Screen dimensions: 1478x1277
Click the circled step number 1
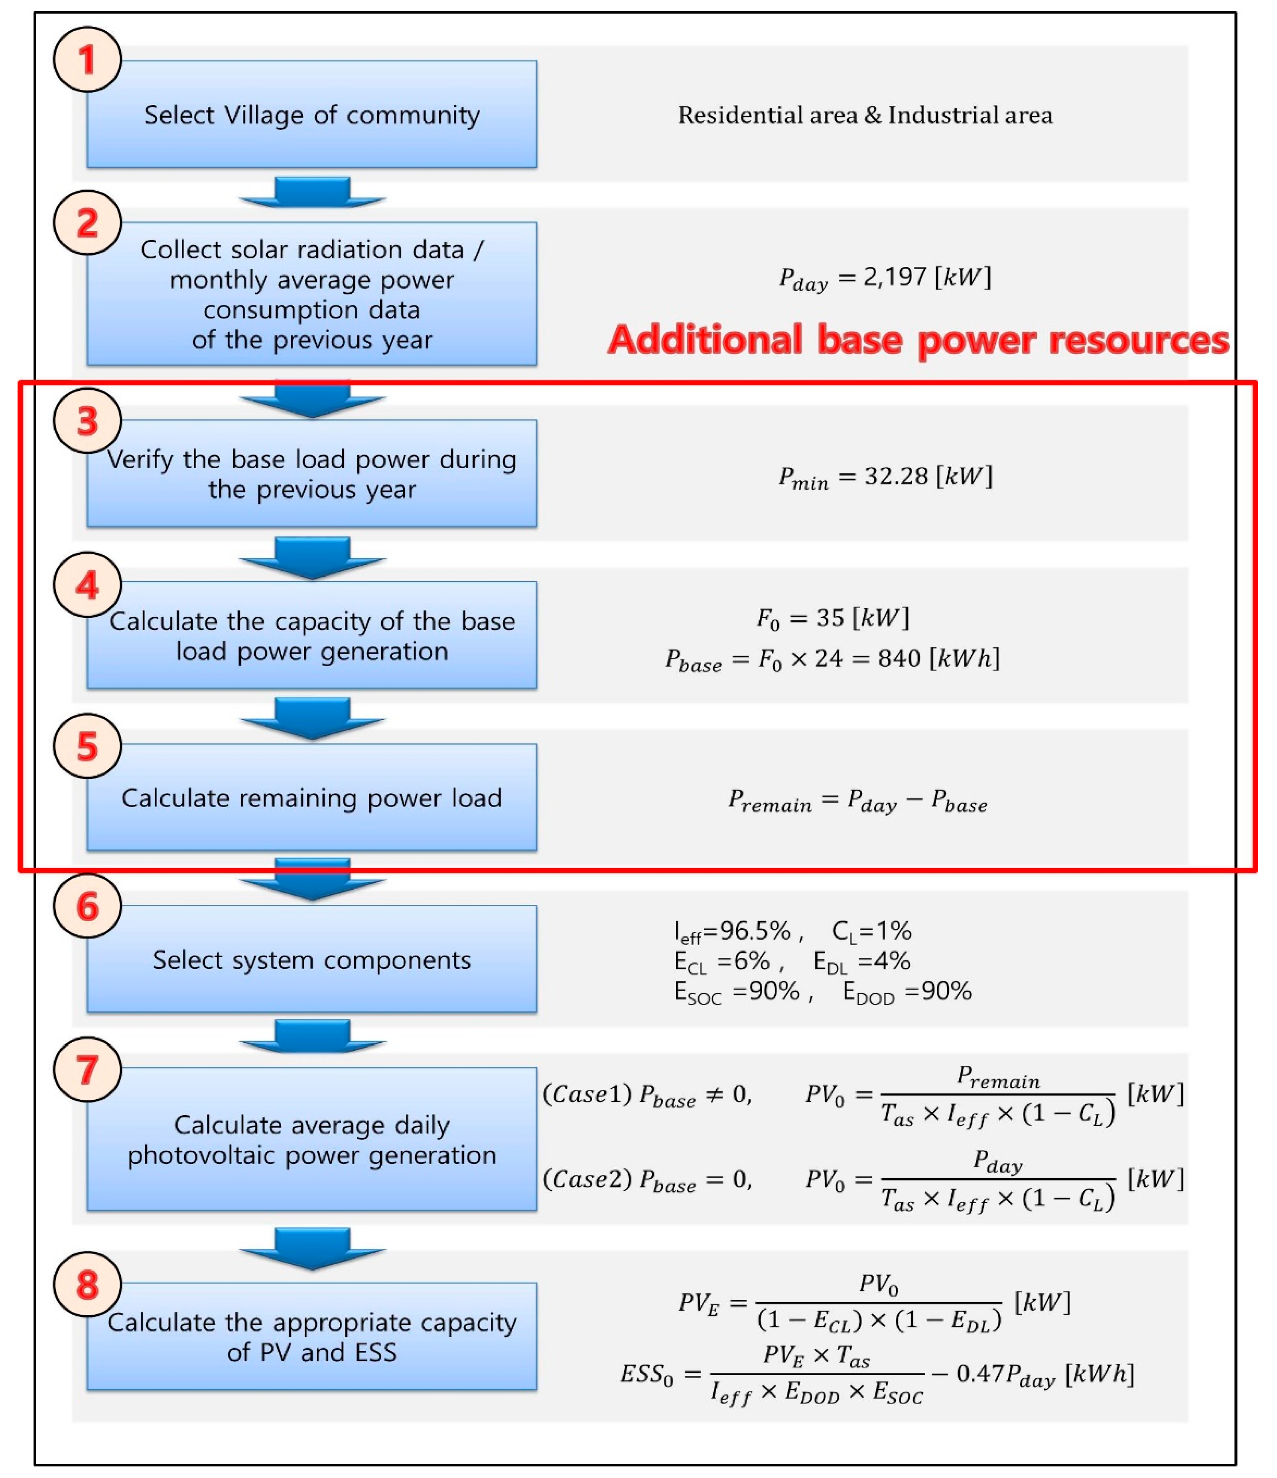click(x=87, y=59)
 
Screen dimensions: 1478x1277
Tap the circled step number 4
click(x=87, y=585)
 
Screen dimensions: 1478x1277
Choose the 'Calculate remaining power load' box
click(x=312, y=798)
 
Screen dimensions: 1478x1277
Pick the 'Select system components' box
click(x=312, y=960)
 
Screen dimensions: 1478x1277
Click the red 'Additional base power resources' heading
click(x=918, y=339)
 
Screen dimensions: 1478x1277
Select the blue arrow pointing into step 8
click(x=312, y=1248)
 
